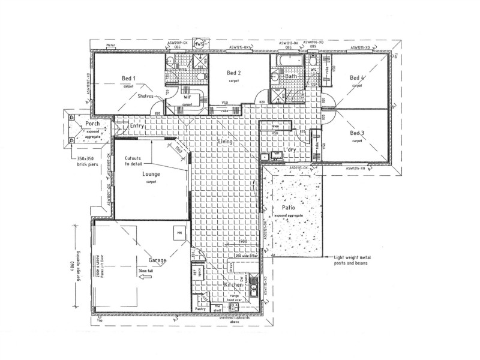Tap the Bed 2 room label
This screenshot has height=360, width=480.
tap(234, 73)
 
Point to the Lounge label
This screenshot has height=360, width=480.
tap(151, 173)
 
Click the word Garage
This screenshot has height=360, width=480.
tap(157, 261)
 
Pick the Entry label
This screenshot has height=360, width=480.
tap(137, 125)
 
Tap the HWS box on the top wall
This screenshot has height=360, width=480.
tap(200, 44)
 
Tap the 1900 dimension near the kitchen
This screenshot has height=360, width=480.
tap(242, 242)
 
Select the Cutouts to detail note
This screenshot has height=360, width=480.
tap(133, 161)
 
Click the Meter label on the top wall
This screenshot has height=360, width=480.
tap(110, 46)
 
